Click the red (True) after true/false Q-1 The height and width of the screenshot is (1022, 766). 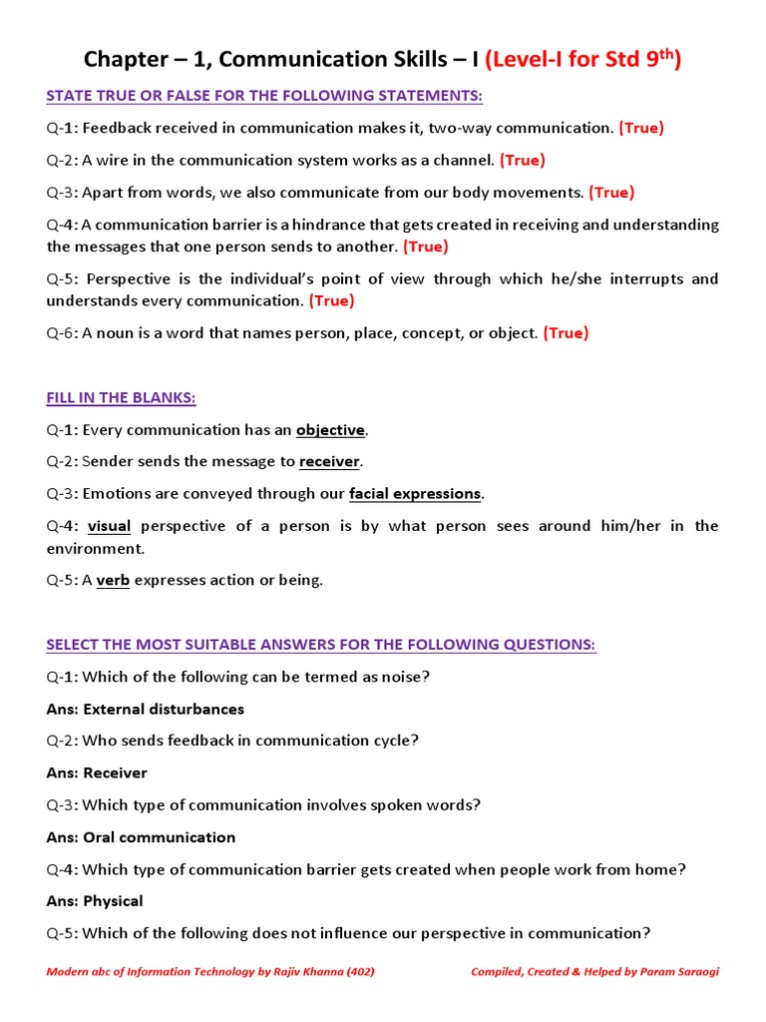[641, 128]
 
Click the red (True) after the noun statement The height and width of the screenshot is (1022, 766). [566, 333]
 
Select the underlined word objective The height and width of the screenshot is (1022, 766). [330, 430]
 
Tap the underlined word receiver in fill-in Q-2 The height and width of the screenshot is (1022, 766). [329, 461]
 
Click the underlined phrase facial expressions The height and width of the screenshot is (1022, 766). [415, 494]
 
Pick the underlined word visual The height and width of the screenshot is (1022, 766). [110, 526]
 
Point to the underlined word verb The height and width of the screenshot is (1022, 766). [113, 581]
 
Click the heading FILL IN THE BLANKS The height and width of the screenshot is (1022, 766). [121, 398]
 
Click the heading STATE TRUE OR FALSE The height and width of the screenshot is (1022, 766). [264, 96]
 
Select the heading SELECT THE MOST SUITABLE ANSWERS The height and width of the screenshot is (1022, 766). [320, 645]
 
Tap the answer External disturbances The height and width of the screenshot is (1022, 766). [164, 710]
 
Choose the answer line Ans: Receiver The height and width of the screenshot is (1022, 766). [97, 773]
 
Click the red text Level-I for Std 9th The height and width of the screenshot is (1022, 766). [582, 60]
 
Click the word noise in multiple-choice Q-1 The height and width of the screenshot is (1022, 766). [405, 677]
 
